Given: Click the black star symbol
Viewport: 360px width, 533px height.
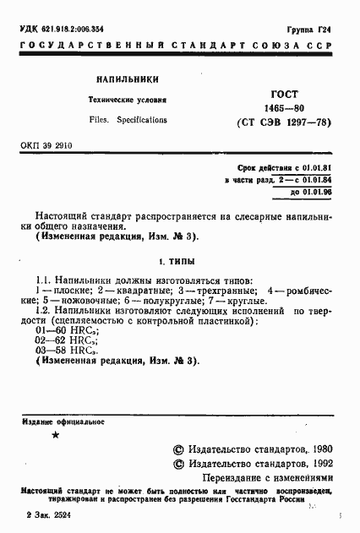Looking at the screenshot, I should [x=55, y=434].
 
